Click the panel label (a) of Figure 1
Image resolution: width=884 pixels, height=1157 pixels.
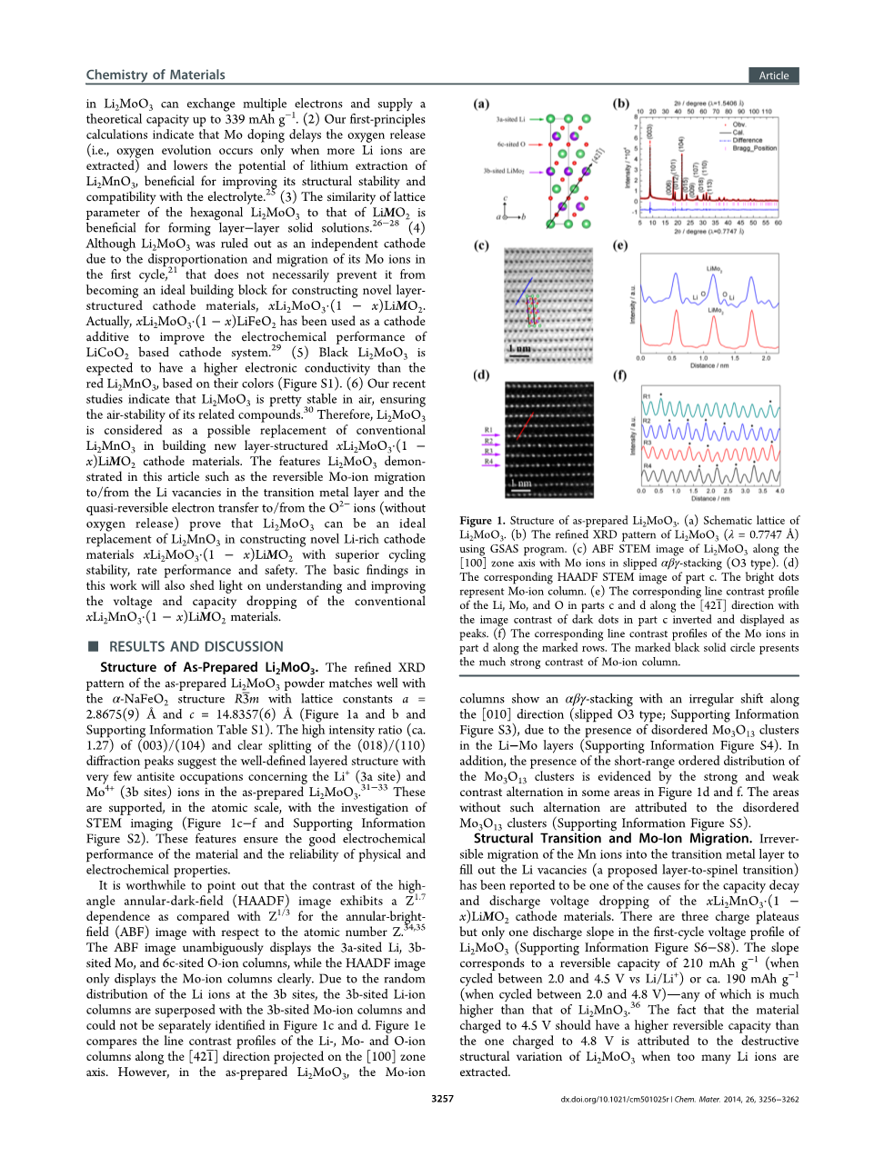click(481, 105)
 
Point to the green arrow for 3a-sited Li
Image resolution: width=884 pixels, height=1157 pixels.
click(536, 119)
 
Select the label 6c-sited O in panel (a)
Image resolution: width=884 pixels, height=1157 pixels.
click(510, 144)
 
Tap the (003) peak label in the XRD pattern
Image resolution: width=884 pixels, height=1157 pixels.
click(649, 131)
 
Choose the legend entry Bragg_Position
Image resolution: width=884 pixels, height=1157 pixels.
click(755, 147)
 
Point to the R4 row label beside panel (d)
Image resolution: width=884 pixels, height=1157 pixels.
click(488, 462)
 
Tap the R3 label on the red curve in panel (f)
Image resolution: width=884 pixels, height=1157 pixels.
click(648, 443)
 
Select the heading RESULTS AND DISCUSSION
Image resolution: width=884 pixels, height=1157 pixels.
click(196, 646)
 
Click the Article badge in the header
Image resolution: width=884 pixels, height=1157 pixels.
click(774, 75)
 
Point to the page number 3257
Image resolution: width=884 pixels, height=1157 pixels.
click(442, 1099)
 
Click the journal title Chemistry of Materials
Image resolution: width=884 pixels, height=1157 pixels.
click(156, 75)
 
